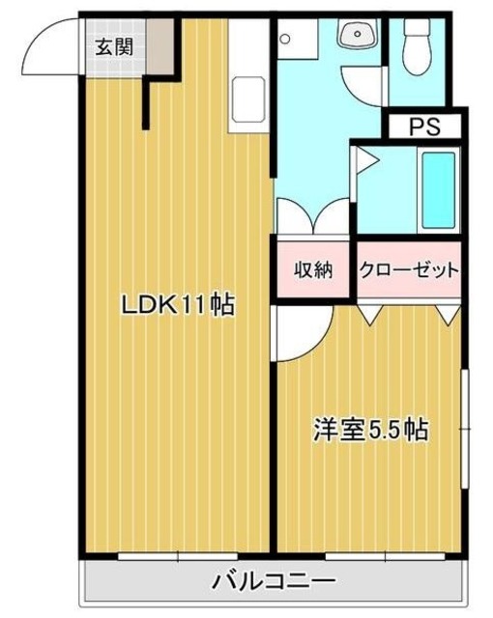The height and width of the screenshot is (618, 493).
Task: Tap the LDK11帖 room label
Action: coord(178,306)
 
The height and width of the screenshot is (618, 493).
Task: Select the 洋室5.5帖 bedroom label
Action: coord(370,429)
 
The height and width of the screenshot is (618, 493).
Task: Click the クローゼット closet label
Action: coord(408,270)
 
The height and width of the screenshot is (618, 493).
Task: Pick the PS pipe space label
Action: coord(422,126)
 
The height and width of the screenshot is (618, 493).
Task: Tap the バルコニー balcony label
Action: coord(275,582)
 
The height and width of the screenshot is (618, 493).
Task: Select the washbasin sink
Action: coord(358,37)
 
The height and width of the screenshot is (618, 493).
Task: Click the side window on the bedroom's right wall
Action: coord(465,425)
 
